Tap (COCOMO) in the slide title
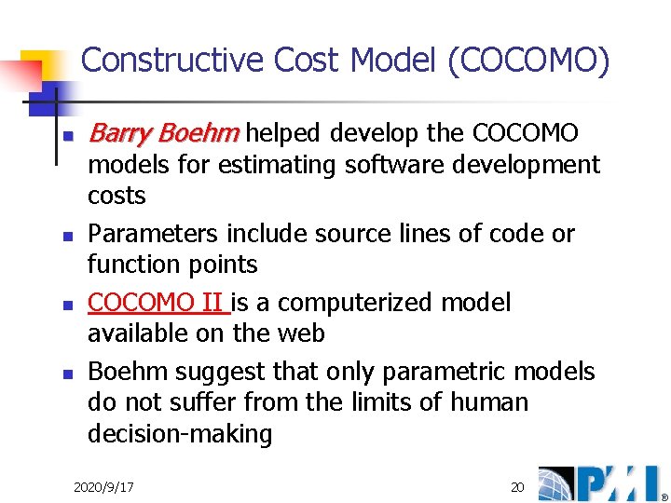[529, 61]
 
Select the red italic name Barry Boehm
[163, 134]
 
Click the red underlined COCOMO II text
[155, 303]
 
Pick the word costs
[116, 197]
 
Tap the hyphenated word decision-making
[179, 434]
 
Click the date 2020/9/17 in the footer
[103, 487]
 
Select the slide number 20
[517, 487]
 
